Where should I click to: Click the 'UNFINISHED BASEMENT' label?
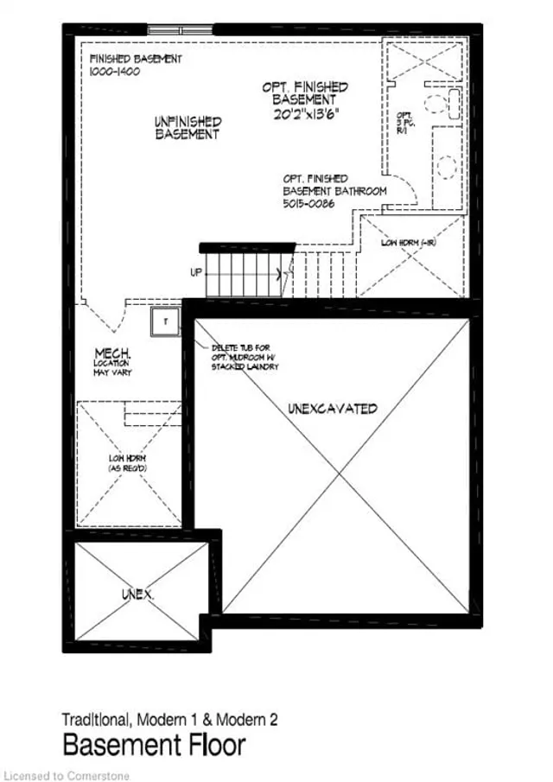pos(188,129)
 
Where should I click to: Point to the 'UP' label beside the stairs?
pos(197,273)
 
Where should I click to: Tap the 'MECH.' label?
pos(113,353)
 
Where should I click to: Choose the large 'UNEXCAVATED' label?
pos(333,408)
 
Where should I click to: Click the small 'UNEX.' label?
pos(137,595)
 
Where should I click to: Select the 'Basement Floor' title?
pos(153,744)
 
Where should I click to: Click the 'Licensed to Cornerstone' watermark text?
pos(67,775)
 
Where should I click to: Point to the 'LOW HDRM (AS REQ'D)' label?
pos(130,462)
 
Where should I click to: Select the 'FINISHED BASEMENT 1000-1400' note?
pos(136,66)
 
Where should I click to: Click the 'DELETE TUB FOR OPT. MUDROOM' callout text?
pos(245,357)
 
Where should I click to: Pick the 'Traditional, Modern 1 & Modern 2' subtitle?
pos(169,719)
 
